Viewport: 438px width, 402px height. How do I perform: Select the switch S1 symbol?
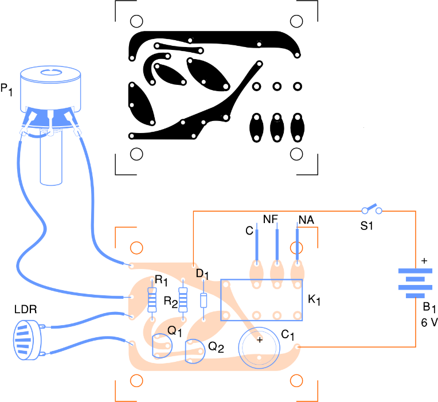click(371, 208)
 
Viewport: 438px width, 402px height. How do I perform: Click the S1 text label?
click(367, 226)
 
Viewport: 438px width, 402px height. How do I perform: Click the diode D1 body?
click(204, 300)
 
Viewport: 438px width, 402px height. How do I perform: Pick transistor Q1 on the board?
click(162, 346)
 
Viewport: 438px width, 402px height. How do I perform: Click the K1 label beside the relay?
click(315, 300)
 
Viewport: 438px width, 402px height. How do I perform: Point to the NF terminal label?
click(271, 220)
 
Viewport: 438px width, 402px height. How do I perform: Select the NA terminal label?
click(306, 220)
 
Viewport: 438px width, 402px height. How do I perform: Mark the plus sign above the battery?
click(424, 262)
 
